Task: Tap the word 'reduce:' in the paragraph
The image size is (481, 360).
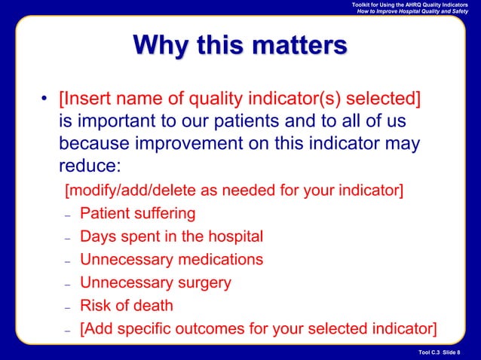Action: click(x=89, y=164)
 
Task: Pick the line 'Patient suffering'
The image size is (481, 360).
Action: click(x=138, y=213)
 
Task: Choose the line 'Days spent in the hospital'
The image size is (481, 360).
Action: click(x=172, y=236)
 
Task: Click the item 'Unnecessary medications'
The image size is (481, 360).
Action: click(x=172, y=260)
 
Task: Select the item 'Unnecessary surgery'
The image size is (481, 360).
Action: click(x=155, y=283)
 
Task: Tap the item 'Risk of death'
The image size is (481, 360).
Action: click(x=127, y=306)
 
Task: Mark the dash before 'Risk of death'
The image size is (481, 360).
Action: click(x=67, y=307)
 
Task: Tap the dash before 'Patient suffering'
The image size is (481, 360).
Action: click(x=67, y=215)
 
